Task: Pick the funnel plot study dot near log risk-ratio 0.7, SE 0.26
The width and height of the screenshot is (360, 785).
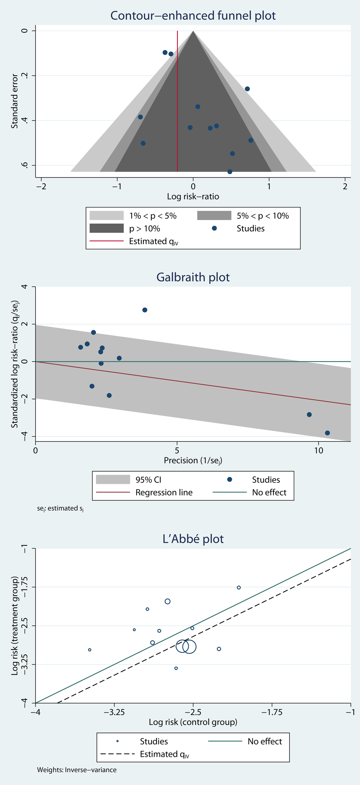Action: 247,89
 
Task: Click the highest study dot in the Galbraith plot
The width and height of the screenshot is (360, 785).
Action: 145,310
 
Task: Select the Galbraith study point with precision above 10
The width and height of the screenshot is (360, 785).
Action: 327,433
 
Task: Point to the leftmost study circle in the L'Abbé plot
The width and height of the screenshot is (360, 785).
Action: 90,650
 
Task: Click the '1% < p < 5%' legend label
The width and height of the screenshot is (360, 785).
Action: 153,216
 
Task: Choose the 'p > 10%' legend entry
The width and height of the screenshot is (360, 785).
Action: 145,229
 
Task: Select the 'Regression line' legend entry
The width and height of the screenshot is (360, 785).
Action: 164,493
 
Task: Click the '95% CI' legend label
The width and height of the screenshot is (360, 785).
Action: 148,480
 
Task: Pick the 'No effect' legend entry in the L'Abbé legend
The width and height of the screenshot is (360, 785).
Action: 265,741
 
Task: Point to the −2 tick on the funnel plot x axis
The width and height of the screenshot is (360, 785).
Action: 41,186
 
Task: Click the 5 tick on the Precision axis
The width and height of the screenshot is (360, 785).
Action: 177,450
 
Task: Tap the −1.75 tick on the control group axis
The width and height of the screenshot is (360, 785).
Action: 272,712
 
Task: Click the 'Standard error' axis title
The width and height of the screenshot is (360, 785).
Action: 14,101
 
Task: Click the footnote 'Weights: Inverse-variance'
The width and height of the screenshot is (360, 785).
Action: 77,770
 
